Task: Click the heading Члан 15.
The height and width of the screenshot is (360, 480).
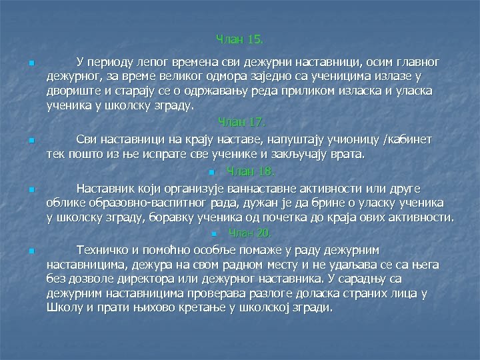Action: pyautogui.click(x=240, y=41)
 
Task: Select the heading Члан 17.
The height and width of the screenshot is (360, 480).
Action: pyautogui.click(x=242, y=123)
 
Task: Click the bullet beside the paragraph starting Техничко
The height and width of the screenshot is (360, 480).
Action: pyautogui.click(x=31, y=251)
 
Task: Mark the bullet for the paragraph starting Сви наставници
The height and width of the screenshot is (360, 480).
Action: pyautogui.click(x=31, y=141)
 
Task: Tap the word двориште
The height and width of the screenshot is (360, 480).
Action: pyautogui.click(x=72, y=91)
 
